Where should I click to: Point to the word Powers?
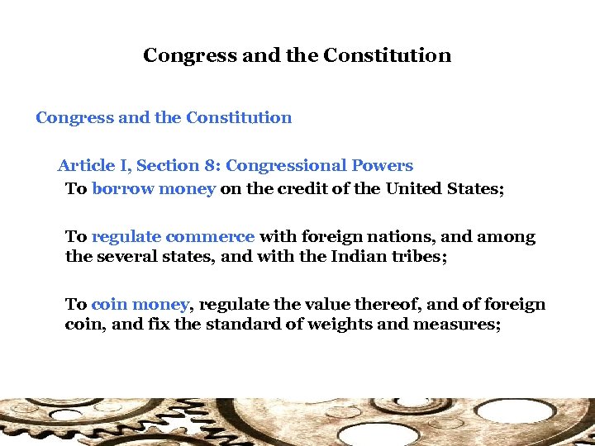pos(384,166)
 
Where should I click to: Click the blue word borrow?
pos(122,188)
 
